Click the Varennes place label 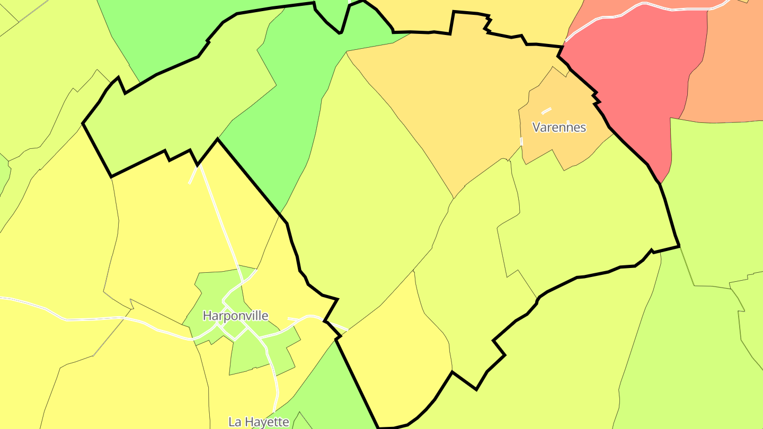(559, 127)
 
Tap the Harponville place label (235, 316)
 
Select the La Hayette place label (259, 422)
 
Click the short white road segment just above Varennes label (546, 110)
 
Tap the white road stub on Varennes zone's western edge (521, 141)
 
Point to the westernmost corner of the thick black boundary (83, 123)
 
